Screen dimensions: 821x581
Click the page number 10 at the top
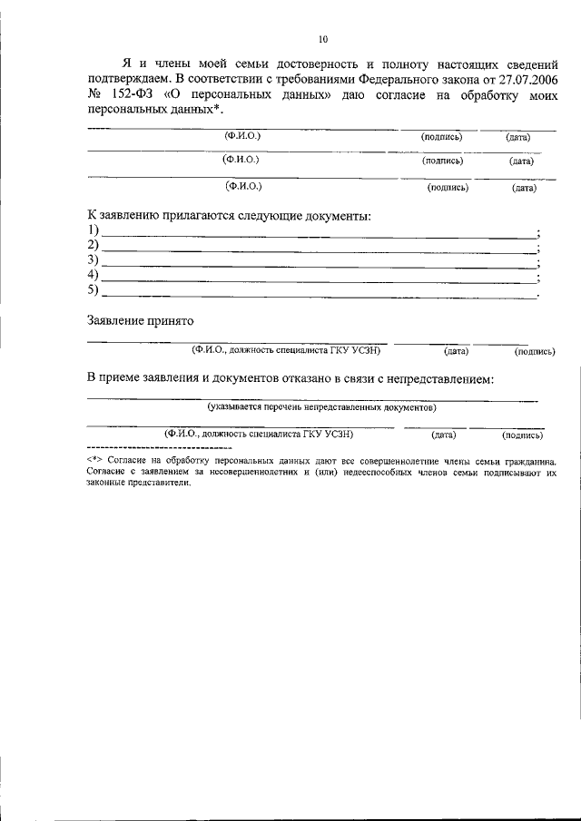(323, 39)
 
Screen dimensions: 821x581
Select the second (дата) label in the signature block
(521, 161)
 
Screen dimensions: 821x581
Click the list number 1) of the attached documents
(93, 231)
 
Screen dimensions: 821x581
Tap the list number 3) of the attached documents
(93, 260)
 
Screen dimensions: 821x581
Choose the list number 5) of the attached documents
(93, 290)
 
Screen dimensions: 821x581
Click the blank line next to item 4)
(318, 280)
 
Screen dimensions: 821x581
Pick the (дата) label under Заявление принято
(456, 350)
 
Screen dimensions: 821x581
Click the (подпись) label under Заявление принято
(535, 350)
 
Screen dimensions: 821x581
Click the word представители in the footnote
(162, 484)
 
